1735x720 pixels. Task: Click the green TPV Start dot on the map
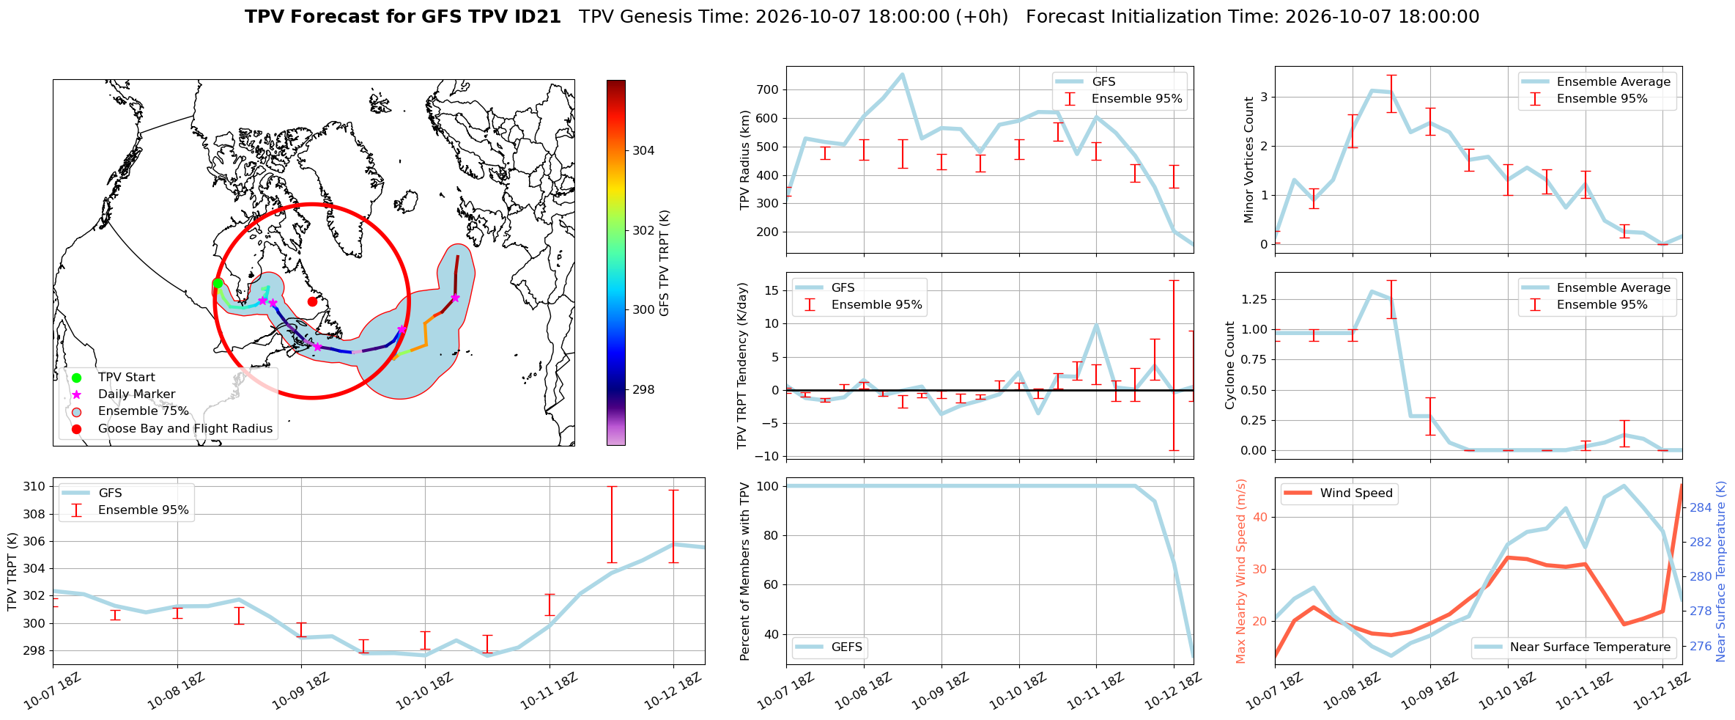pyautogui.click(x=218, y=284)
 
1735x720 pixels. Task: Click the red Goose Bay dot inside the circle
pyautogui.click(x=312, y=301)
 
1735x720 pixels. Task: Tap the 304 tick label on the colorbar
pyautogui.click(x=643, y=150)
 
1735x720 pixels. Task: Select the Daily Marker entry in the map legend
pyautogui.click(x=136, y=394)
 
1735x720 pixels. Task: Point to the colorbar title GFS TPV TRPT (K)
pyautogui.click(x=665, y=262)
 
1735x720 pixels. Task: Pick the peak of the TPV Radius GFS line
pyautogui.click(x=902, y=74)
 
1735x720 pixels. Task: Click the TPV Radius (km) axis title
pyautogui.click(x=745, y=160)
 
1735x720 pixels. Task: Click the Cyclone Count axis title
pyautogui.click(x=1229, y=365)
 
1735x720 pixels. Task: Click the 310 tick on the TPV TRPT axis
pyautogui.click(x=35, y=486)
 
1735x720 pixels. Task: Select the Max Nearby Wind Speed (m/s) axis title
pyautogui.click(x=1240, y=571)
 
